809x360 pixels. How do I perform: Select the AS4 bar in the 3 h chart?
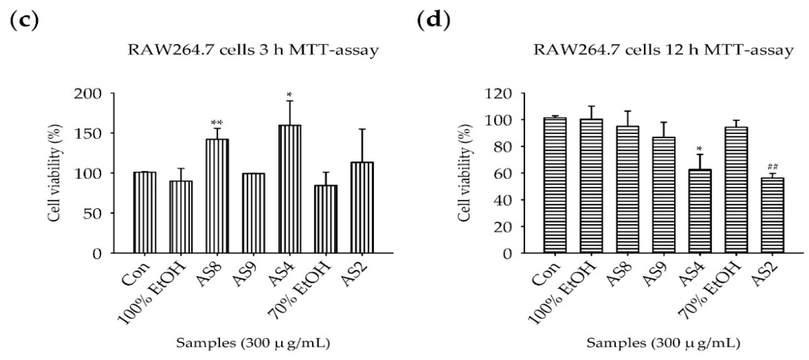[289, 189]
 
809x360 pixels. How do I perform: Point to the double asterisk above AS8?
[217, 122]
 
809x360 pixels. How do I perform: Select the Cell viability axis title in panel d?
[464, 173]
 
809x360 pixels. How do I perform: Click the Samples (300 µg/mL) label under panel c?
[253, 343]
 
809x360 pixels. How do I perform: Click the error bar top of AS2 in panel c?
[362, 129]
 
